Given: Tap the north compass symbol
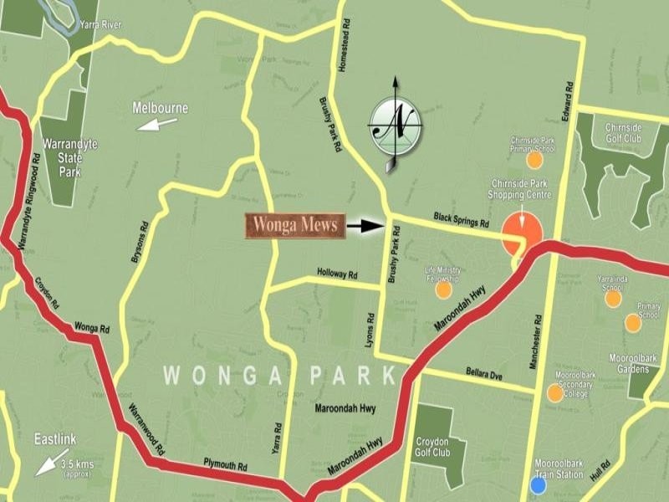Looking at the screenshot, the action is pyautogui.click(x=396, y=125).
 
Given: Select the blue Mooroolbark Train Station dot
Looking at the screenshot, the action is pyautogui.click(x=539, y=484).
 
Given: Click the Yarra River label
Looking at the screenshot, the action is pyautogui.click(x=100, y=25).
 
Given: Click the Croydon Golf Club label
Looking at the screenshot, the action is pyautogui.click(x=437, y=443).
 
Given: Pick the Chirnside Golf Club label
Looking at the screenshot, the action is pyautogui.click(x=628, y=132).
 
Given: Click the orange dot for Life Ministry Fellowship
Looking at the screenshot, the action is pyautogui.click(x=443, y=289).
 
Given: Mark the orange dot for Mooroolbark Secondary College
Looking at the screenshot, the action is pyautogui.click(x=555, y=392).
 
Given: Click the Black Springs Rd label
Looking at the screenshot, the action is pyautogui.click(x=461, y=221).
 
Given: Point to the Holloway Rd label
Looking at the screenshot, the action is pyautogui.click(x=337, y=274).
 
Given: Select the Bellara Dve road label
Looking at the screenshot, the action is pyautogui.click(x=483, y=373).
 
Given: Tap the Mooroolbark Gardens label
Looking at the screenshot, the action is pyautogui.click(x=633, y=362).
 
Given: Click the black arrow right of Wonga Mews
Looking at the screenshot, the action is pyautogui.click(x=365, y=226).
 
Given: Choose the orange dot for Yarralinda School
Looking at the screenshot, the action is pyautogui.click(x=613, y=298).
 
